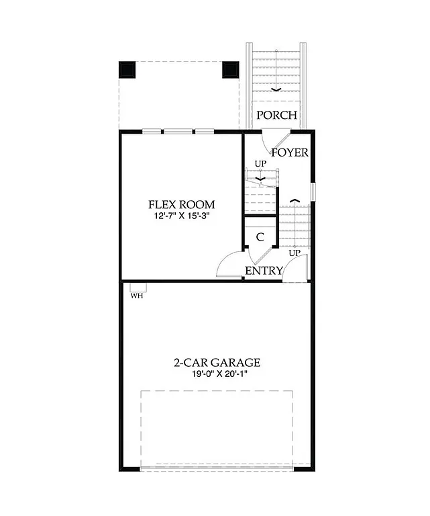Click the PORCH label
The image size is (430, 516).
(277, 115)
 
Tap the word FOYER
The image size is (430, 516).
(290, 153)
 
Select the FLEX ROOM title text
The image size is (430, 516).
(182, 204)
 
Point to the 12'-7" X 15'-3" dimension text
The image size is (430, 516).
(182, 217)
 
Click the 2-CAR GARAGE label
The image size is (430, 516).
(217, 363)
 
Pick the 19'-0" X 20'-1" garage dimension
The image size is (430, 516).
(217, 375)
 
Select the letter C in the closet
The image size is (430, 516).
(260, 237)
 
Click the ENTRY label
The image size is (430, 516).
(263, 271)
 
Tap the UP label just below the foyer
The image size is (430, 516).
(260, 164)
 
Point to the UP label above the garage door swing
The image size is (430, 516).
(294, 253)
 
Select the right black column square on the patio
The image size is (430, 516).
(231, 69)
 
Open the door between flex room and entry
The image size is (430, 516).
(231, 265)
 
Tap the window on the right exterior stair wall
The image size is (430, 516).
(312, 191)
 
